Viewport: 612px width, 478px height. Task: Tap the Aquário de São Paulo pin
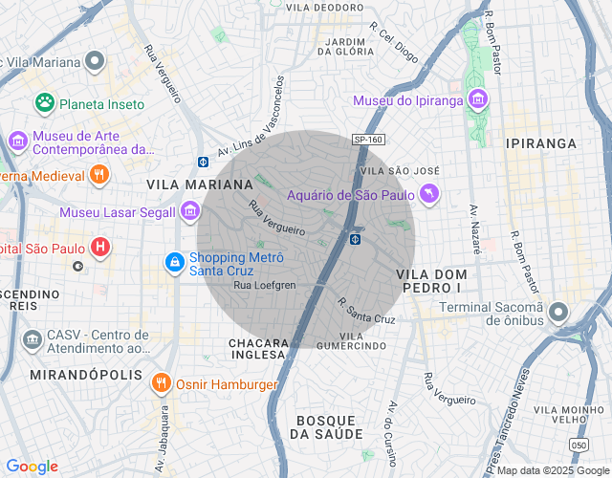pyautogui.click(x=430, y=195)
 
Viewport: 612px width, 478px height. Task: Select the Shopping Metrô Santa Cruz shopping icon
pyautogui.click(x=174, y=261)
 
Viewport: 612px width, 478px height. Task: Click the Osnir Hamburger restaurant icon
pyautogui.click(x=160, y=384)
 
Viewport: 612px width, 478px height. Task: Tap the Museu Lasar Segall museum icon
pyautogui.click(x=190, y=211)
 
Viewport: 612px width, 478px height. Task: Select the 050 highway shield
pyautogui.click(x=578, y=445)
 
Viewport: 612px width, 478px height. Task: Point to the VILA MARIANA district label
pyautogui.click(x=199, y=184)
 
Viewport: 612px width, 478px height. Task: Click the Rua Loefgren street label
pyautogui.click(x=265, y=285)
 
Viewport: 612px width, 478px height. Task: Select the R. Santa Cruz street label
pyautogui.click(x=366, y=311)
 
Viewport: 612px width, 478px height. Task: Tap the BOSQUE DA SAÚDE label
pyautogui.click(x=326, y=427)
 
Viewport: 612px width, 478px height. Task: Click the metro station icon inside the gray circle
pyautogui.click(x=355, y=238)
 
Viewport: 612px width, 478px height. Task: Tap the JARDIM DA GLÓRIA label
pyautogui.click(x=345, y=46)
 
